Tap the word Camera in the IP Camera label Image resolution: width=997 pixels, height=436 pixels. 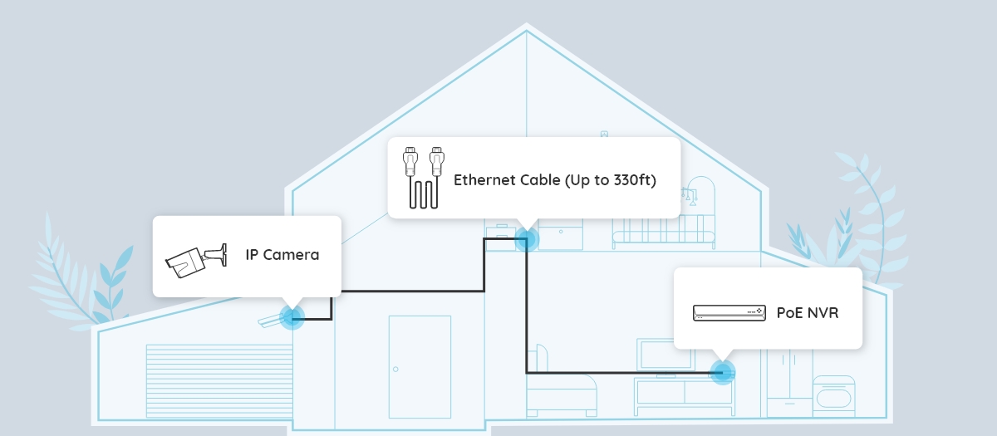291,255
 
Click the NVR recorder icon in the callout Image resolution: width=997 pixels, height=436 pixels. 728,312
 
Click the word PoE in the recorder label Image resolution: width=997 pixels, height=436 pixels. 789,313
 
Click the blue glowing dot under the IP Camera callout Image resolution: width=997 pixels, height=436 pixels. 291,316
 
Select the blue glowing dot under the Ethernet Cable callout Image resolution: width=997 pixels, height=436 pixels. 526,240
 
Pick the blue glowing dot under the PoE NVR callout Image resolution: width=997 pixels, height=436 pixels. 723,371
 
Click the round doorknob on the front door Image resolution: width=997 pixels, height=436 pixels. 395,369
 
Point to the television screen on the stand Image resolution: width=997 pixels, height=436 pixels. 667,353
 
